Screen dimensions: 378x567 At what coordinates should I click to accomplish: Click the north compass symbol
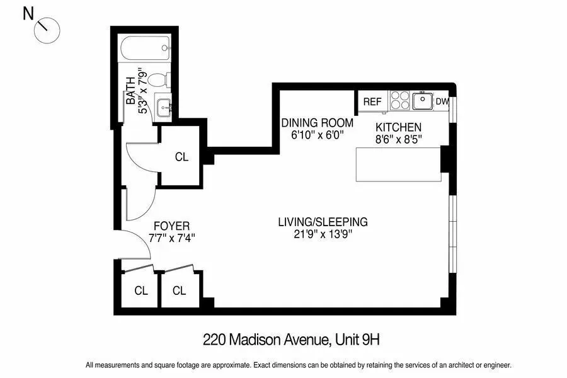pos(45,29)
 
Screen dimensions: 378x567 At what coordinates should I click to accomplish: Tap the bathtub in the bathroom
pos(144,47)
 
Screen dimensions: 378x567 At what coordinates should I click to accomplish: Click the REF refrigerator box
pos(372,101)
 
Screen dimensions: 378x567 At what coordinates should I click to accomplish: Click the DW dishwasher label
pos(442,101)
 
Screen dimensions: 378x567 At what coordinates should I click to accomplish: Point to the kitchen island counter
pos(398,164)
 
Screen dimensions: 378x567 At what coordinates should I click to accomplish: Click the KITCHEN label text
pos(398,127)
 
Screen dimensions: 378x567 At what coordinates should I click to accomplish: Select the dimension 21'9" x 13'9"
pos(323,234)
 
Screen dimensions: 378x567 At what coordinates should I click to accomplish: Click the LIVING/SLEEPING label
pos(323,222)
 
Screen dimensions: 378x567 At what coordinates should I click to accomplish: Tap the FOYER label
pos(172,226)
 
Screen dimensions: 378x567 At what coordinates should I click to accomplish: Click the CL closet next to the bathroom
pos(181,157)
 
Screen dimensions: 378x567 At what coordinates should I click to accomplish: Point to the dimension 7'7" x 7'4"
pos(172,238)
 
